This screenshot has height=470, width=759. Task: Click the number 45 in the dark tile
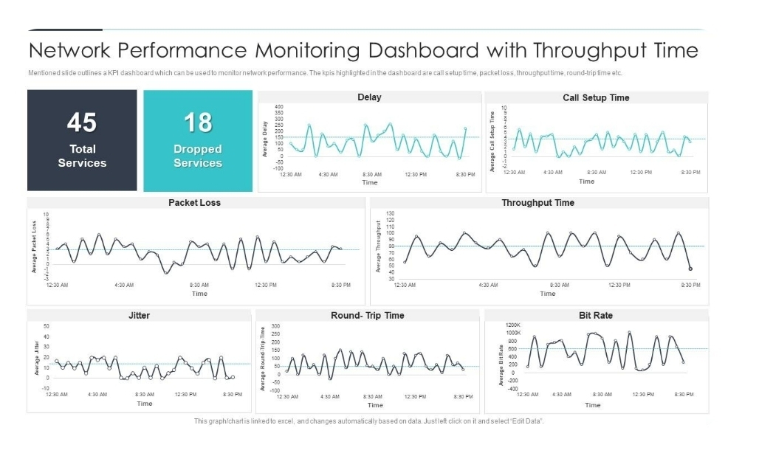pos(82,122)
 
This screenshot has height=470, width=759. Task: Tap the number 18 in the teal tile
pos(197,122)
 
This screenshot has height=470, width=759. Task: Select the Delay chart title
pos(369,97)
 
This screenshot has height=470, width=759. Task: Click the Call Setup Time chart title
pos(596,97)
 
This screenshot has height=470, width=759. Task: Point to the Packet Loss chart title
pos(194,202)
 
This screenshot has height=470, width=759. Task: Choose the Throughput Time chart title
pos(538,202)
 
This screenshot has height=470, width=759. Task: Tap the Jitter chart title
pos(139,315)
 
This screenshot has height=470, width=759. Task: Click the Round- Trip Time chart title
pos(368,315)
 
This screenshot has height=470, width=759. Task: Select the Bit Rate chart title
pos(596,315)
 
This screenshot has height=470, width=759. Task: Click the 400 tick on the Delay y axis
pos(278,107)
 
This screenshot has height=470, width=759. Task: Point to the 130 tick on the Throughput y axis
pos(391,213)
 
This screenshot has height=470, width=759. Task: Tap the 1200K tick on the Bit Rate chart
pos(512,325)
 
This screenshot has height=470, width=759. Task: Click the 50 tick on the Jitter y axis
pos(47,325)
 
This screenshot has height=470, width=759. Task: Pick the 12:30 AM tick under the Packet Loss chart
pos(57,285)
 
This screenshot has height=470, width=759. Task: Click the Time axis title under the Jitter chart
pos(145,404)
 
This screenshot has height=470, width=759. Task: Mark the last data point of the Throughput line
pos(690,269)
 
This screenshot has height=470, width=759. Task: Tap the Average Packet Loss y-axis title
pos(34,246)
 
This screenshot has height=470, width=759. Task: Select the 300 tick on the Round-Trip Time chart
pos(277,325)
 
